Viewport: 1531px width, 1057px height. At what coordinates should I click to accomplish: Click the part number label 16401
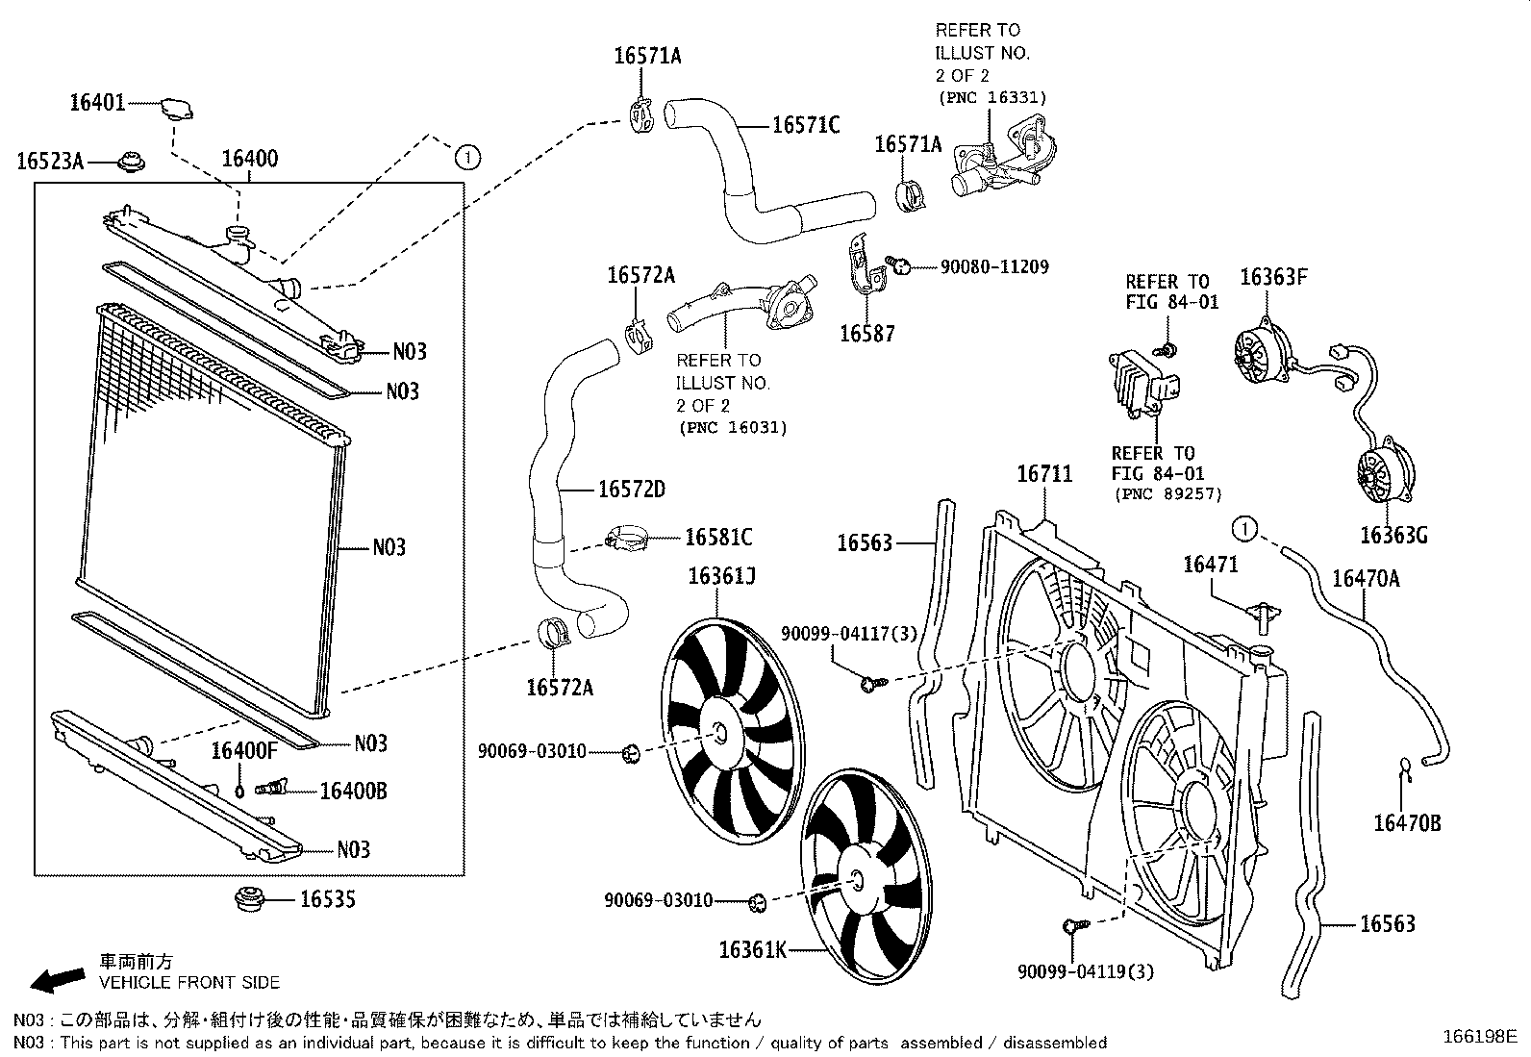97,101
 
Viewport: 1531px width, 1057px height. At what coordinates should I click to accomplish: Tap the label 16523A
50,162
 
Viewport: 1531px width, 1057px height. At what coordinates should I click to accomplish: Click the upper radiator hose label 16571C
806,125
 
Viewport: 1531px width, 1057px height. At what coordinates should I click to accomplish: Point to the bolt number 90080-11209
994,266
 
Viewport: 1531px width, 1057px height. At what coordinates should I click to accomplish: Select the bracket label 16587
866,334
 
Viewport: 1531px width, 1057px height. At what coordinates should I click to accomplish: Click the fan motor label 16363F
1273,277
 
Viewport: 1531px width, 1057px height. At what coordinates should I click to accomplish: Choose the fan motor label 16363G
1393,535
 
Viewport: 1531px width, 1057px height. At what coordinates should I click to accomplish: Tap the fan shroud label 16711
1044,473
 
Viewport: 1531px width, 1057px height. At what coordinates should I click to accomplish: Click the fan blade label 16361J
721,576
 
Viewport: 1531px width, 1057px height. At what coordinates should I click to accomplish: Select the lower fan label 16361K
752,950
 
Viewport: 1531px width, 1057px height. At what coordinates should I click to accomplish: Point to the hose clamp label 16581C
718,537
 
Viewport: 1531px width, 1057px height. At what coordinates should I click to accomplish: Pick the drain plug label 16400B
353,791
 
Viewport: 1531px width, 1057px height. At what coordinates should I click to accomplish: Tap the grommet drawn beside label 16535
249,901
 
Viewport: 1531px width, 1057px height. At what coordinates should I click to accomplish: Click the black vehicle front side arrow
57,979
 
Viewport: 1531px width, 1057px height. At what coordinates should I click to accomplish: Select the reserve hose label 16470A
1365,578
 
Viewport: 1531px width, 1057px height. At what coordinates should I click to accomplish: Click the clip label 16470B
1407,823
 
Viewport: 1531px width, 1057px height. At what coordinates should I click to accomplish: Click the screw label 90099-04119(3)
1086,971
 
